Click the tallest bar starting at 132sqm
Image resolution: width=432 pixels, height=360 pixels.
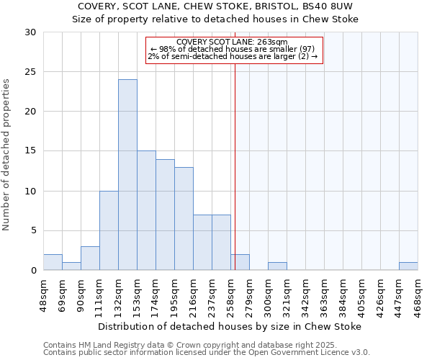point(127,175)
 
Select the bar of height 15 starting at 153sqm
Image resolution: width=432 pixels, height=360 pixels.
point(146,210)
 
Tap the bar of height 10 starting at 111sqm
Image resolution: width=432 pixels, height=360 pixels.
point(109,230)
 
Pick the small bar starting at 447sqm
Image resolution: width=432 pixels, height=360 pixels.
point(408,266)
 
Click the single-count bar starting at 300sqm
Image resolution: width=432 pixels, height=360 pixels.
point(277,266)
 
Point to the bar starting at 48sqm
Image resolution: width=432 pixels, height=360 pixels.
point(53,263)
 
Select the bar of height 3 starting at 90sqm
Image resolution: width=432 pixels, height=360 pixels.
point(90,258)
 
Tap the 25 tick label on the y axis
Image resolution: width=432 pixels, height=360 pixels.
point(30,72)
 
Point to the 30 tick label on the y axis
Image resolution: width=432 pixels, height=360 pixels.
point(30,32)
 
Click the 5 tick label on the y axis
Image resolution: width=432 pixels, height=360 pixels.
point(33,231)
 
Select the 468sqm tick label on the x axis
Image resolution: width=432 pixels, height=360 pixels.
point(418,294)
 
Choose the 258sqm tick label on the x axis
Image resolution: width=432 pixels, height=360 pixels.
point(231,294)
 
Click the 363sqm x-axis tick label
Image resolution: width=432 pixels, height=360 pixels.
point(325,294)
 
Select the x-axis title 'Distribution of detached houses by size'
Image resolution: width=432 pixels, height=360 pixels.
point(230,326)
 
